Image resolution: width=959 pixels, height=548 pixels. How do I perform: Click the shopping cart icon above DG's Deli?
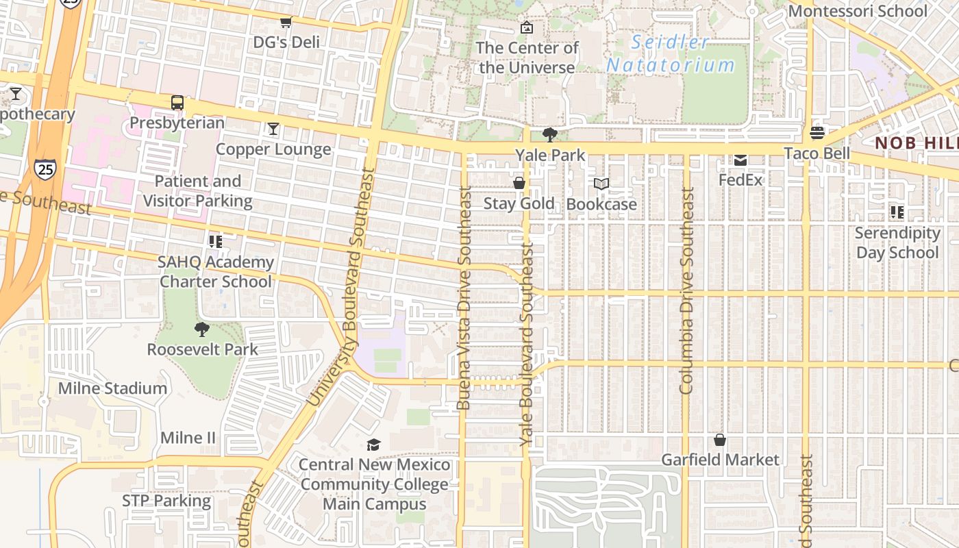(286, 23)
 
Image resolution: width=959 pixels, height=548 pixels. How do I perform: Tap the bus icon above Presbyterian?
(177, 103)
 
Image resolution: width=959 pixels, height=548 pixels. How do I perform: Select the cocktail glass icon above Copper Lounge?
(273, 129)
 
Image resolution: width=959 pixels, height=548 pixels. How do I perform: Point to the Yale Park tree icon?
(549, 134)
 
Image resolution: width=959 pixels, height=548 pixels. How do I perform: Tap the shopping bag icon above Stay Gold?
(519, 183)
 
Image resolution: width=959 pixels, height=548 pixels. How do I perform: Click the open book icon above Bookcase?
(601, 184)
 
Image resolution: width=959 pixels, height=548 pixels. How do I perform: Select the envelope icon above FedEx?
(740, 160)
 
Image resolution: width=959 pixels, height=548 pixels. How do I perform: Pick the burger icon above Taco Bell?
(817, 132)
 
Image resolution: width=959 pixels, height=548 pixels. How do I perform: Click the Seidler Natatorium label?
(670, 53)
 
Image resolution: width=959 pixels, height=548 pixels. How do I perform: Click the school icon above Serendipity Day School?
(897, 212)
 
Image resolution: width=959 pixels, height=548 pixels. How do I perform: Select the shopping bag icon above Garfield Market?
(719, 440)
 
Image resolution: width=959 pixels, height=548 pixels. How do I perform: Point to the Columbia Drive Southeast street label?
(687, 291)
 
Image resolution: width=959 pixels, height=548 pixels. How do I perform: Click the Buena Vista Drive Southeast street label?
(464, 298)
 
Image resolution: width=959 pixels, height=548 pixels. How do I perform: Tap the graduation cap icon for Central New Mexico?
(373, 445)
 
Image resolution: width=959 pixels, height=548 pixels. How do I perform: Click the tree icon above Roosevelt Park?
(202, 329)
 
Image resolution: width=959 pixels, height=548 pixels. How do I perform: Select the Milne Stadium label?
(112, 388)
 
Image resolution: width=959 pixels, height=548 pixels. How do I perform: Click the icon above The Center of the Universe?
(526, 27)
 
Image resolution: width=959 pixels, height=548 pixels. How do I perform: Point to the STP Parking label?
(166, 501)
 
